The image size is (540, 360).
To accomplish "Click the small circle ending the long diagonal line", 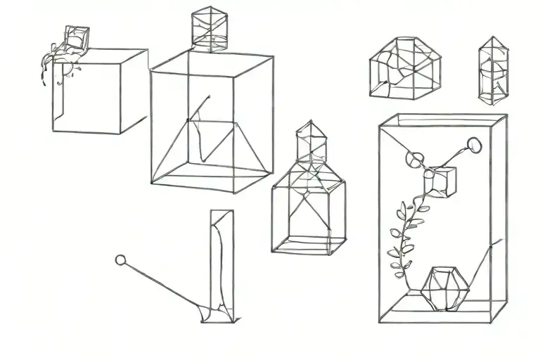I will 120,260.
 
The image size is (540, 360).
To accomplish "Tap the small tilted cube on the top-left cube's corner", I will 75,38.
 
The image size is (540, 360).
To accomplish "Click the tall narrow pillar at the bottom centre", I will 221,264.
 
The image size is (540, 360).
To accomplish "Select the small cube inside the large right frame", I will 441,181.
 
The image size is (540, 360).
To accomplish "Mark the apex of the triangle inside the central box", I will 209,98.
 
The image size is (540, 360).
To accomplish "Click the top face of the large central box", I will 212,62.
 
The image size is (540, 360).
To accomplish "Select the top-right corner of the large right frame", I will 506,116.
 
